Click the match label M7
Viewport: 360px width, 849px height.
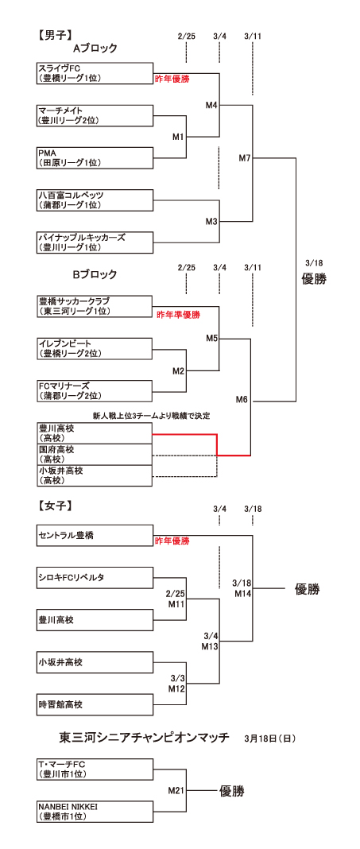pyautogui.click(x=245, y=158)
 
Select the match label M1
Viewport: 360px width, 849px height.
pyautogui.click(x=179, y=137)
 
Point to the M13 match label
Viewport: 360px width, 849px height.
pyautogui.click(x=210, y=646)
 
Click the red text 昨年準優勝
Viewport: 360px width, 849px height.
pyautogui.click(x=178, y=315)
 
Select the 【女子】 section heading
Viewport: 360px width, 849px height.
pyautogui.click(x=55, y=506)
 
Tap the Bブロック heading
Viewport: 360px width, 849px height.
pyautogui.click(x=95, y=274)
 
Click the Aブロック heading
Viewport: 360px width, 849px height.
pyautogui.click(x=95, y=48)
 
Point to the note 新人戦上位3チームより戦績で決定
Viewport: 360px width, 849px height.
pyautogui.click(x=151, y=416)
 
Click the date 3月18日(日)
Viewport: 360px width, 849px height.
pyautogui.click(x=269, y=738)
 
